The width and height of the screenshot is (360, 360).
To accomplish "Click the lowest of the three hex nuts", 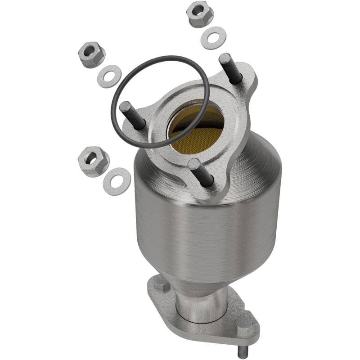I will (x=93, y=161).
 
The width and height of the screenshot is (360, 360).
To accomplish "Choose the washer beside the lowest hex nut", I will (x=117, y=179).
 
